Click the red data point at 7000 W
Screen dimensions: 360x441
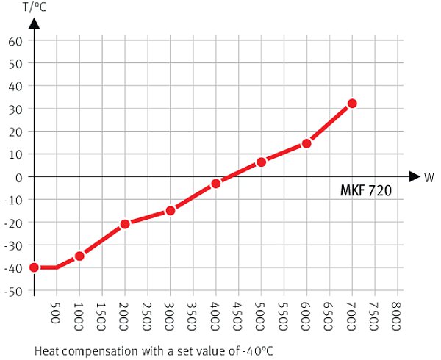coord(352,104)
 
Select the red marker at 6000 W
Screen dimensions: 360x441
coord(306,143)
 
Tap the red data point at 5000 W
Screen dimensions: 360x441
coord(261,162)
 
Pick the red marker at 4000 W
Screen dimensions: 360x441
coord(215,184)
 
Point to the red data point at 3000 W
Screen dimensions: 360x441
coord(170,211)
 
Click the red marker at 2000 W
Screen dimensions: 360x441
coord(125,224)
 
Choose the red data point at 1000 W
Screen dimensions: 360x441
coord(79,256)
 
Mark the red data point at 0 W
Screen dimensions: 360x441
coord(34,267)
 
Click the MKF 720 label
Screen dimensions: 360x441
coord(366,191)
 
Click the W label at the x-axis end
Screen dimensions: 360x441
coord(429,177)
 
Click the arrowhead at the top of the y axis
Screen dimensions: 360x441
coord(34,24)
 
